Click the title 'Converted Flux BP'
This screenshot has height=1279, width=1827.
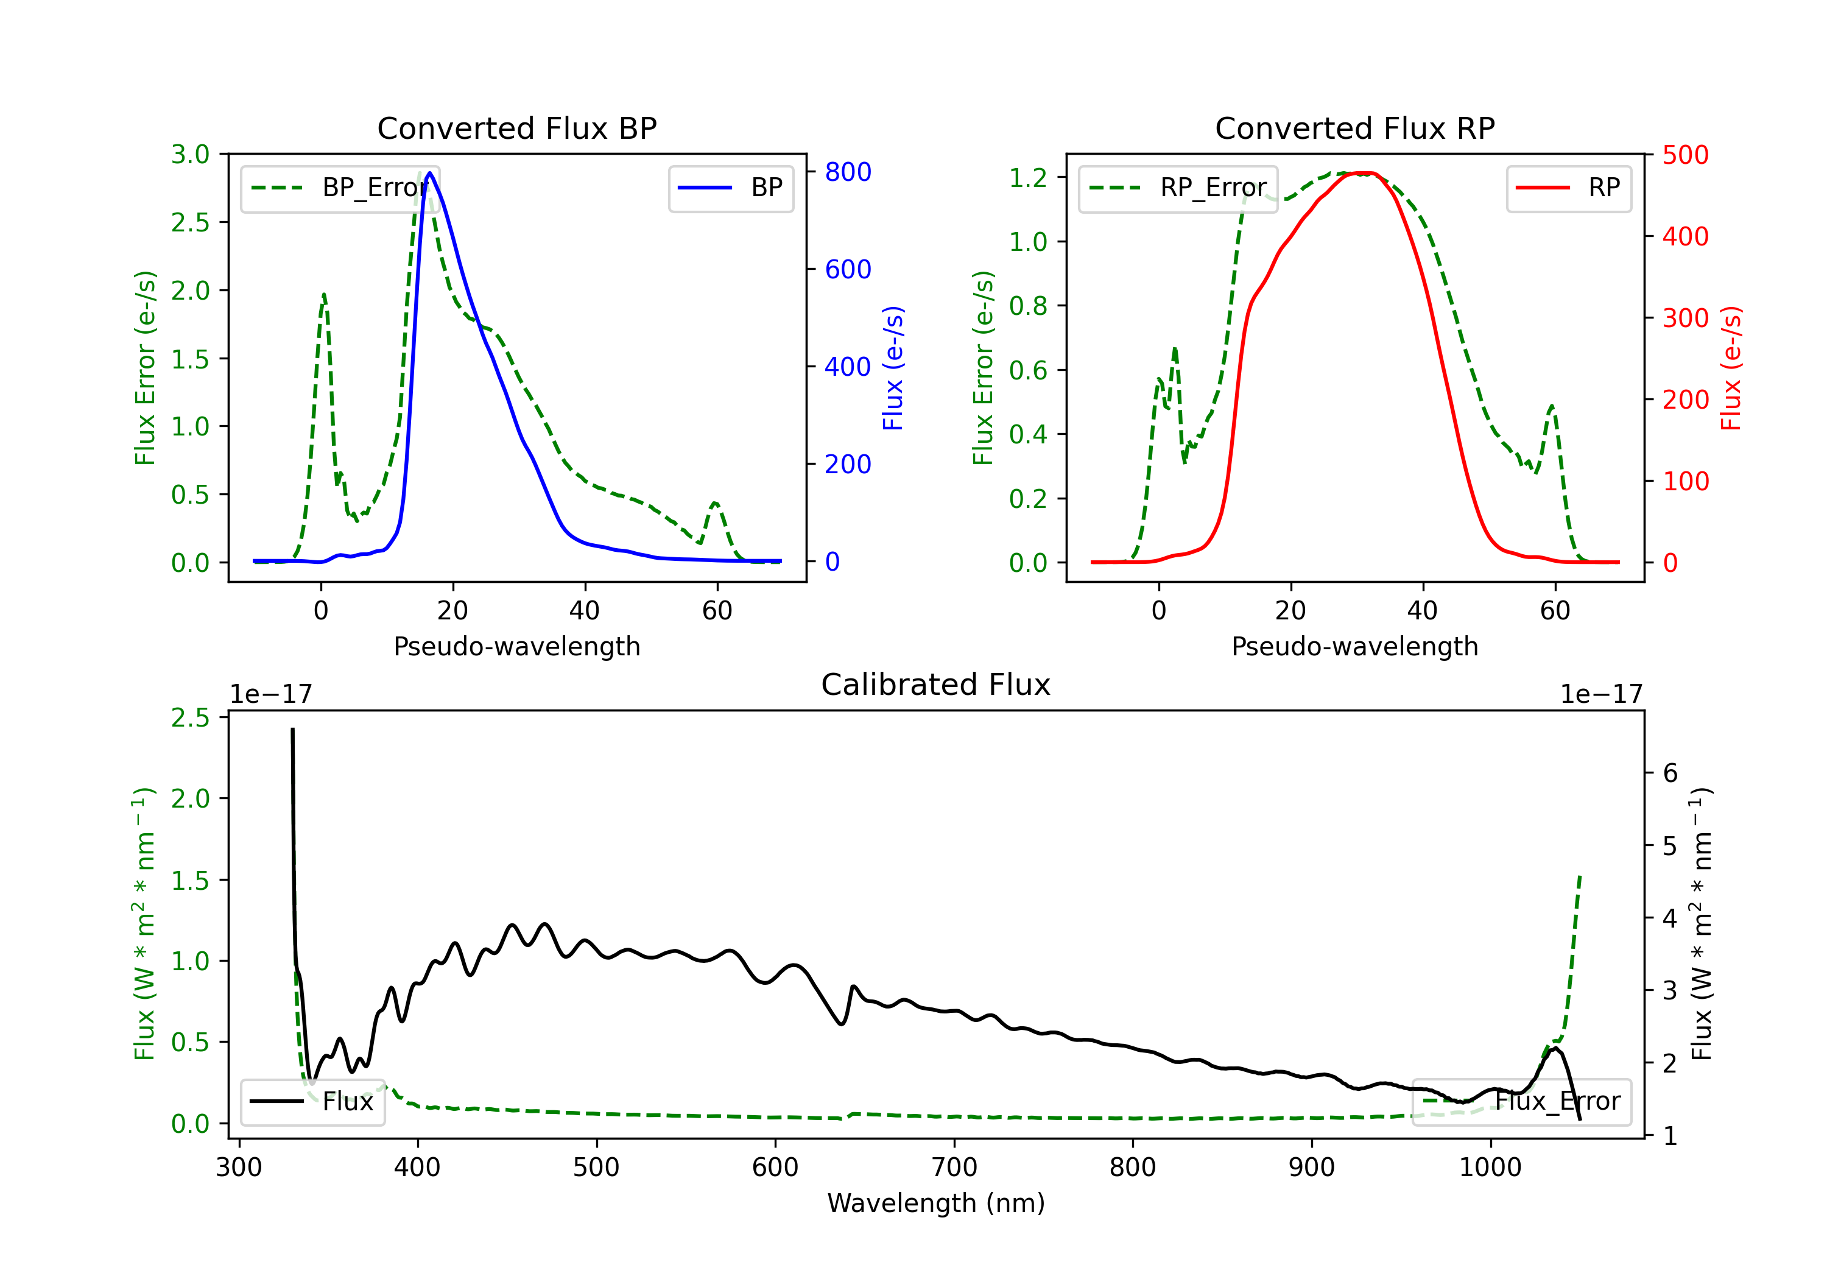(517, 128)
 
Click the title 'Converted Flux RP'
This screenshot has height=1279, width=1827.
(1355, 128)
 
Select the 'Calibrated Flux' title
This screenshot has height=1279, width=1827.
(936, 685)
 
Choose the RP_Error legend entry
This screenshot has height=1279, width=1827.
(1178, 188)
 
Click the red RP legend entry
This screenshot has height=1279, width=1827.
(1568, 188)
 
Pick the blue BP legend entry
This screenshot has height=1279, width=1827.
(730, 188)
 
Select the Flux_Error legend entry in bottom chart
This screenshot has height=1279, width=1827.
(1521, 1102)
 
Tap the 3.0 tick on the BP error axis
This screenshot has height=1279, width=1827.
(190, 155)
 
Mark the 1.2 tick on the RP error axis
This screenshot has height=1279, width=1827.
(1028, 177)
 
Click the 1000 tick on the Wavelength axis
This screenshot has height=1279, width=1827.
(1490, 1168)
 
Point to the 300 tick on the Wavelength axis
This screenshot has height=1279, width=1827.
(239, 1168)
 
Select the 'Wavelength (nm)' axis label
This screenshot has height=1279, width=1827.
(936, 1203)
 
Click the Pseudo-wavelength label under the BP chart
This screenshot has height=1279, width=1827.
(517, 646)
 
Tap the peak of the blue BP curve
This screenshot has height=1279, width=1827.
(430, 173)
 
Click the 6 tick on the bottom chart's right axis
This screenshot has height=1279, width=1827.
(1670, 773)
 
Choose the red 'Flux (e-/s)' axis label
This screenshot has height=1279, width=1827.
(1731, 368)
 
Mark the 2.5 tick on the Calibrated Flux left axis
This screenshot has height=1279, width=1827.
(190, 718)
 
